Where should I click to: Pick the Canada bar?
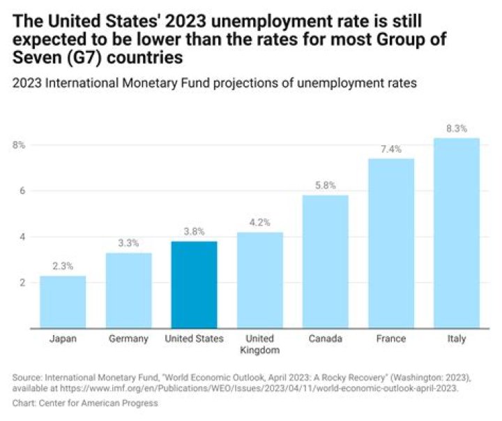coord(326,261)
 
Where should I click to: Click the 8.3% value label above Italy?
coord(457,128)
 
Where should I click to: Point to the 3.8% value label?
coord(195,232)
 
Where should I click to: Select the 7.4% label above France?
coord(391,149)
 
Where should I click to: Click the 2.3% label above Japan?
coord(63,266)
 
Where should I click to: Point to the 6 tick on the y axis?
coord(21,191)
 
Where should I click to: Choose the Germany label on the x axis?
coord(128,339)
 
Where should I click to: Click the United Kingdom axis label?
coord(260,344)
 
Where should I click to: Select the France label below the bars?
coord(391,339)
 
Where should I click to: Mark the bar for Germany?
coord(128,290)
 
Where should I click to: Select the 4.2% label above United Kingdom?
coord(260,223)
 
